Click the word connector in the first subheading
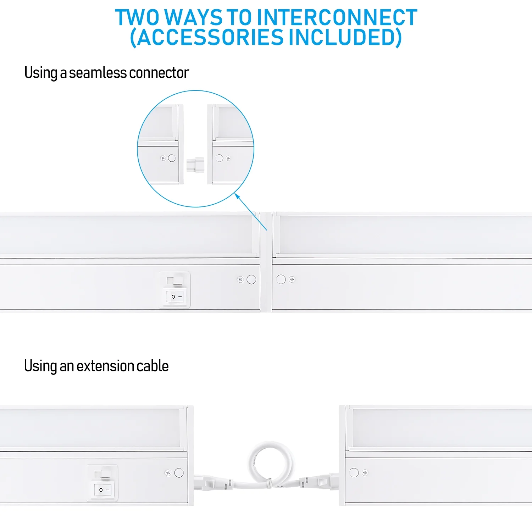[x=159, y=73]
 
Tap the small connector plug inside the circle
[x=195, y=165]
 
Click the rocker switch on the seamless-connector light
[x=175, y=290]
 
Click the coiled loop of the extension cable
[x=271, y=463]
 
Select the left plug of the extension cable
[x=209, y=482]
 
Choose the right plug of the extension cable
[x=319, y=482]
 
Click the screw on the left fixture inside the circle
[x=163, y=158]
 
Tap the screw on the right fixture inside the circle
[x=228, y=158]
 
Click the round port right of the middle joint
[x=281, y=279]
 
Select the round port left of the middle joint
[x=251, y=279]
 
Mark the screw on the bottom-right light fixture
[x=365, y=472]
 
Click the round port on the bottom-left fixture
[x=179, y=472]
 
